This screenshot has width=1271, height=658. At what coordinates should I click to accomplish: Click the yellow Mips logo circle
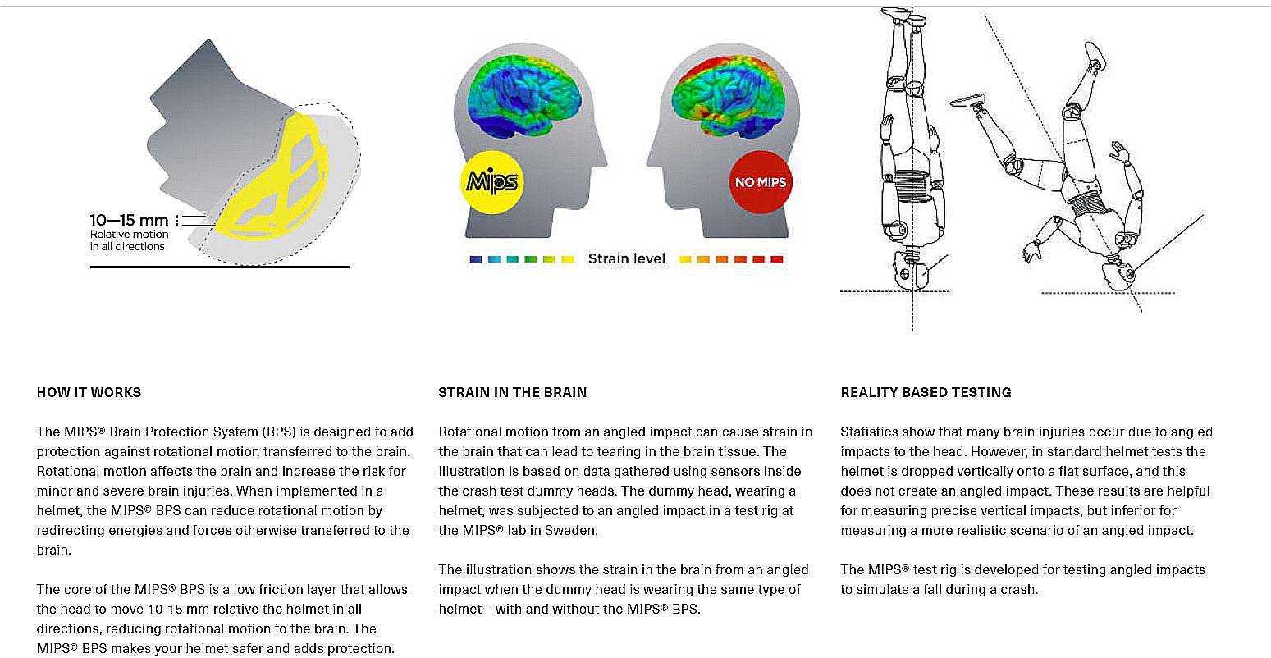(491, 181)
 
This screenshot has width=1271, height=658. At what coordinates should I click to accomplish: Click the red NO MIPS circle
(760, 181)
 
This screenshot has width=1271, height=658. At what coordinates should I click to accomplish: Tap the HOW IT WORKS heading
(89, 392)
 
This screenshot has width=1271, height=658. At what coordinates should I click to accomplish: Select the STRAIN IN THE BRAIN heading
(512, 392)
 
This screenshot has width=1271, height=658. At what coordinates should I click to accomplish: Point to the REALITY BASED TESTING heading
(926, 392)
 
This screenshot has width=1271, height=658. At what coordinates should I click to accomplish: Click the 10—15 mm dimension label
(129, 220)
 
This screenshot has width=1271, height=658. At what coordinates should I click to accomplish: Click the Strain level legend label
(626, 258)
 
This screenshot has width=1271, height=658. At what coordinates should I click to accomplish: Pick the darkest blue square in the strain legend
(475, 259)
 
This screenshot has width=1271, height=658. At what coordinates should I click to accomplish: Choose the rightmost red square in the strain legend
(777, 259)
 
